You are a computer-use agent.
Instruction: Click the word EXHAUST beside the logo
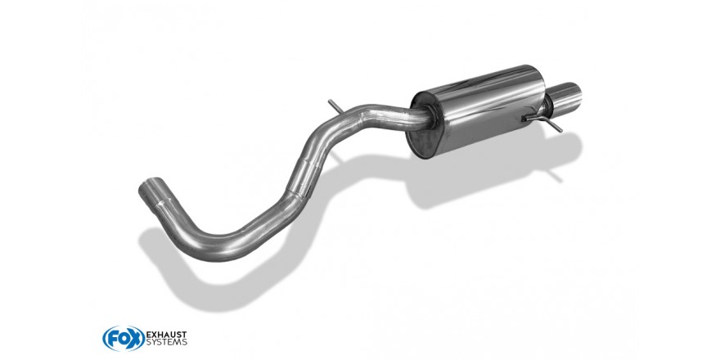pos(166,335)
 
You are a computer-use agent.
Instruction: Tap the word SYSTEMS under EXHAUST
pos(166,343)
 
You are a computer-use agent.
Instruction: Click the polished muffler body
pos(479,110)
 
